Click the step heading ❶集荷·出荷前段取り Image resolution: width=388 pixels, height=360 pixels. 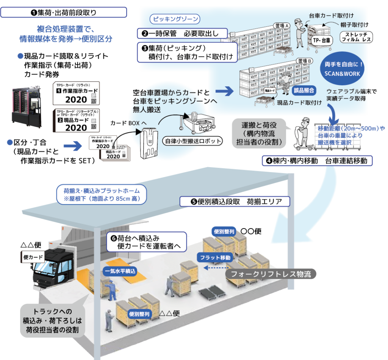[x=64, y=13]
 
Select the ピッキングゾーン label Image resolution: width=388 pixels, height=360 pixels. [x=175, y=19]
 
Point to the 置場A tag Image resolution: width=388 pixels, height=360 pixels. [x=282, y=26]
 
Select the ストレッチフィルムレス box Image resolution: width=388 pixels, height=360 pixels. [x=357, y=37]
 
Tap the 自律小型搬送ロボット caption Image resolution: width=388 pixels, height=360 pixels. [x=191, y=141]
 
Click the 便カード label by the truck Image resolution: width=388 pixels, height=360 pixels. [x=34, y=257]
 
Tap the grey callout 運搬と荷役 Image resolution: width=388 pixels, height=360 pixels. [x=259, y=133]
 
